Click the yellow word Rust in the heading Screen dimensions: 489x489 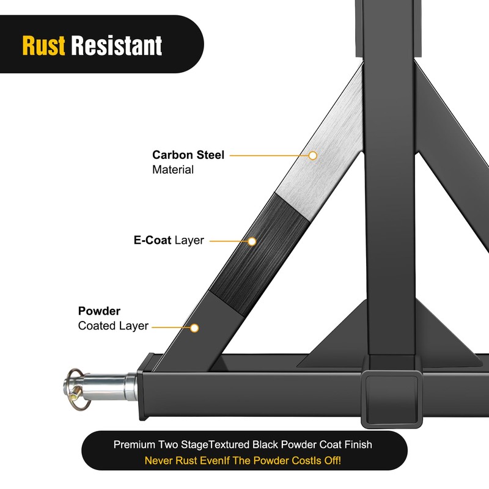(x=44, y=46)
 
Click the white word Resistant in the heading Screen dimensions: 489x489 (x=117, y=46)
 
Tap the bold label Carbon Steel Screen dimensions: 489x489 (x=188, y=155)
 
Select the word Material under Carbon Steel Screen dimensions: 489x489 (x=173, y=169)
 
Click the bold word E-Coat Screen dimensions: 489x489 (x=152, y=240)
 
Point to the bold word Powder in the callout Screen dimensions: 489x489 (x=99, y=311)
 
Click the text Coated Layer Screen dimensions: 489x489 (x=113, y=326)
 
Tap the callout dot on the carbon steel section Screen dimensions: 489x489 (x=312, y=156)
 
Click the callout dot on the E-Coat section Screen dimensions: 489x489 (x=252, y=241)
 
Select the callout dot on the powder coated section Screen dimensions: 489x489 (x=194, y=328)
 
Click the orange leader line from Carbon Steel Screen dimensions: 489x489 (x=269, y=156)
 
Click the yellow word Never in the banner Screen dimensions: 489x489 (x=159, y=460)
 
